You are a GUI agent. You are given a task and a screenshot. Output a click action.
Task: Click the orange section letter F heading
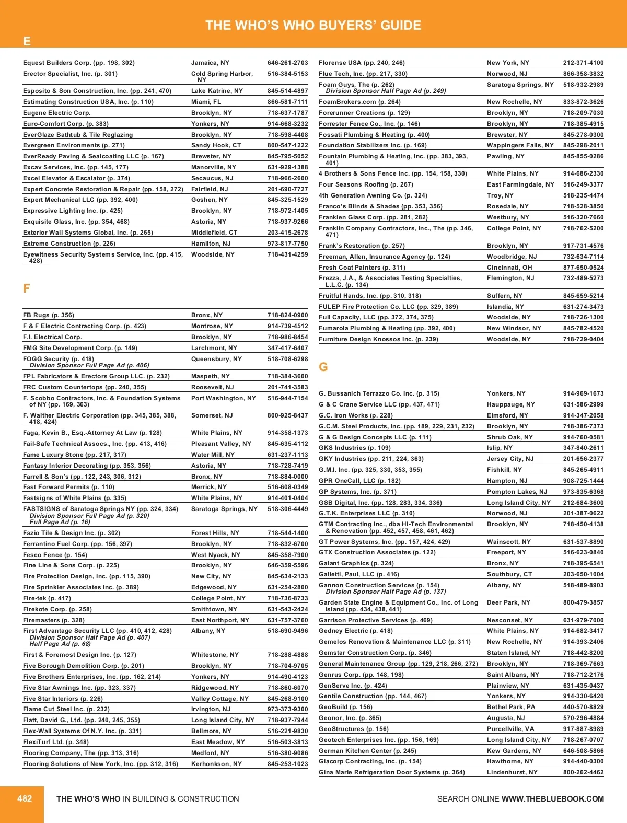click(27, 288)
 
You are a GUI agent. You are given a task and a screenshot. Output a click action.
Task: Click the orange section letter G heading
click(323, 367)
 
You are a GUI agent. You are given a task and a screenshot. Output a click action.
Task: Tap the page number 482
click(25, 798)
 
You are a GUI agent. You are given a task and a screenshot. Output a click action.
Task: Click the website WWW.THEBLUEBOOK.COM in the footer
click(552, 799)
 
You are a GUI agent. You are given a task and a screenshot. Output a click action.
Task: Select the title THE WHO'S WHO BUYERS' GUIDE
click(313, 25)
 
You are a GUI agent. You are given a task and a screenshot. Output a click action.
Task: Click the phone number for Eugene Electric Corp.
click(287, 113)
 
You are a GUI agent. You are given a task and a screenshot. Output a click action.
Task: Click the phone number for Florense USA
click(583, 63)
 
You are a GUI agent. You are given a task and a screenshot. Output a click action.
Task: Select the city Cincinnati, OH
click(509, 268)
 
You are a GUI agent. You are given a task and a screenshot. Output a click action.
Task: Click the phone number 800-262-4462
click(583, 772)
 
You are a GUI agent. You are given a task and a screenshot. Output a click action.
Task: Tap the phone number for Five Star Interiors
click(287, 699)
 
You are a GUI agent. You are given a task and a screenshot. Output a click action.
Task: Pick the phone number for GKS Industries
click(583, 448)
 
